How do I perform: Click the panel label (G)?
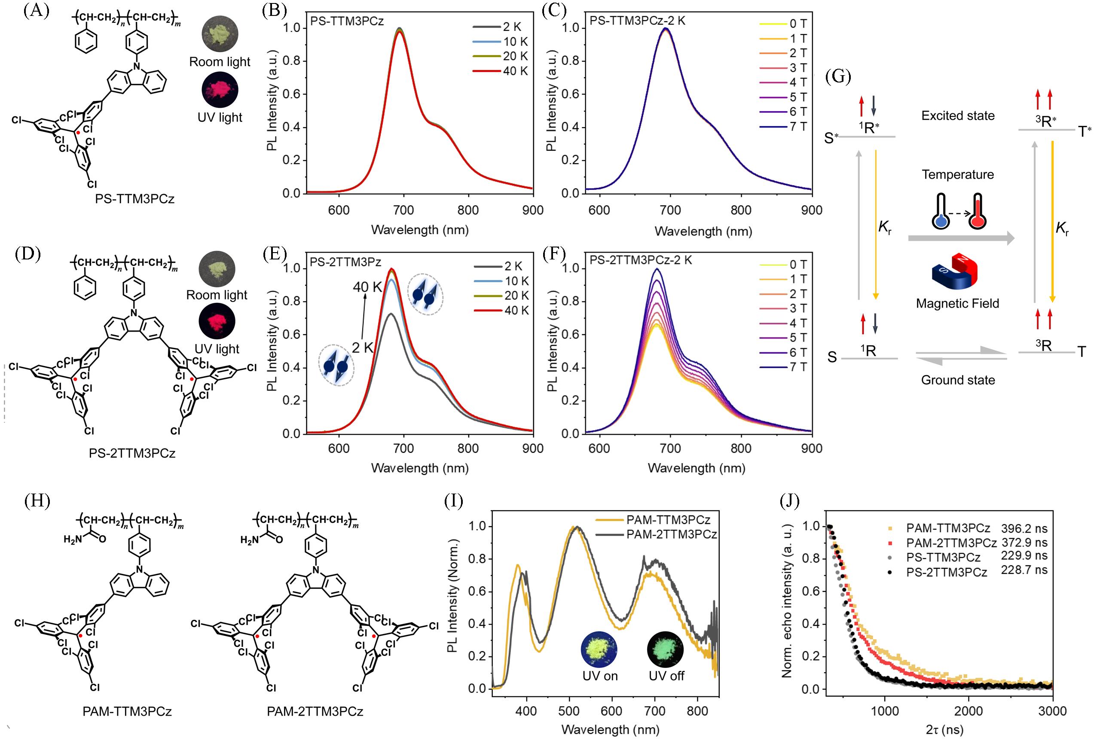838,76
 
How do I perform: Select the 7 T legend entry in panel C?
783,127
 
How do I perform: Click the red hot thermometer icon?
977,212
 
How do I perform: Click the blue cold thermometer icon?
940,212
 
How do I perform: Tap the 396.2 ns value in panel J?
1024,528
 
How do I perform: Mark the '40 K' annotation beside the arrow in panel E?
367,287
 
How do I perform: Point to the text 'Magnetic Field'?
957,303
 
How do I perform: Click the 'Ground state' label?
958,380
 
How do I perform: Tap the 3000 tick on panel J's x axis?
1053,711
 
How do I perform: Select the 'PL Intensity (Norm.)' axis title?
453,595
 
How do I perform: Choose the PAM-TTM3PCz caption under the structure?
127,711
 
